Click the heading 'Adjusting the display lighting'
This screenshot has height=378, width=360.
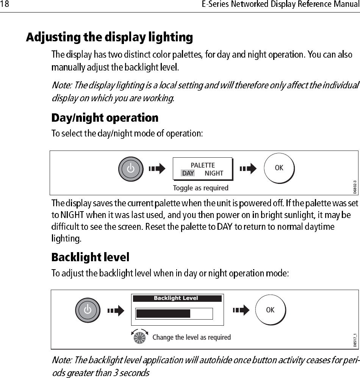pyautogui.click(x=110, y=38)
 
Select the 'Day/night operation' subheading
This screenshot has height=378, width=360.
pyautogui.click(x=105, y=118)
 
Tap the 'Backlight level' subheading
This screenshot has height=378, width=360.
pyautogui.click(x=90, y=258)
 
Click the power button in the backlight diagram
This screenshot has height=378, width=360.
pyautogui.click(x=88, y=310)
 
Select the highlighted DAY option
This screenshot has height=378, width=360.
pyautogui.click(x=188, y=173)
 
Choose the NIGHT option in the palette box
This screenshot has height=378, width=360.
pyautogui.click(x=214, y=173)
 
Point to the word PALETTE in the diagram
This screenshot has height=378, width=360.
pyautogui.click(x=202, y=165)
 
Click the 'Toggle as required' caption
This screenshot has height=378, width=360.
pyautogui.click(x=200, y=188)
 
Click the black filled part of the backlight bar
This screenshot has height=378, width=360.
pyautogui.click(x=163, y=314)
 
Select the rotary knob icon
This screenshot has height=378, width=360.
pyautogui.click(x=139, y=337)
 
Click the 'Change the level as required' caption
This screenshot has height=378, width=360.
pyautogui.click(x=191, y=337)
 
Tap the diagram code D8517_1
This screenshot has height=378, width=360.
pyautogui.click(x=355, y=340)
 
